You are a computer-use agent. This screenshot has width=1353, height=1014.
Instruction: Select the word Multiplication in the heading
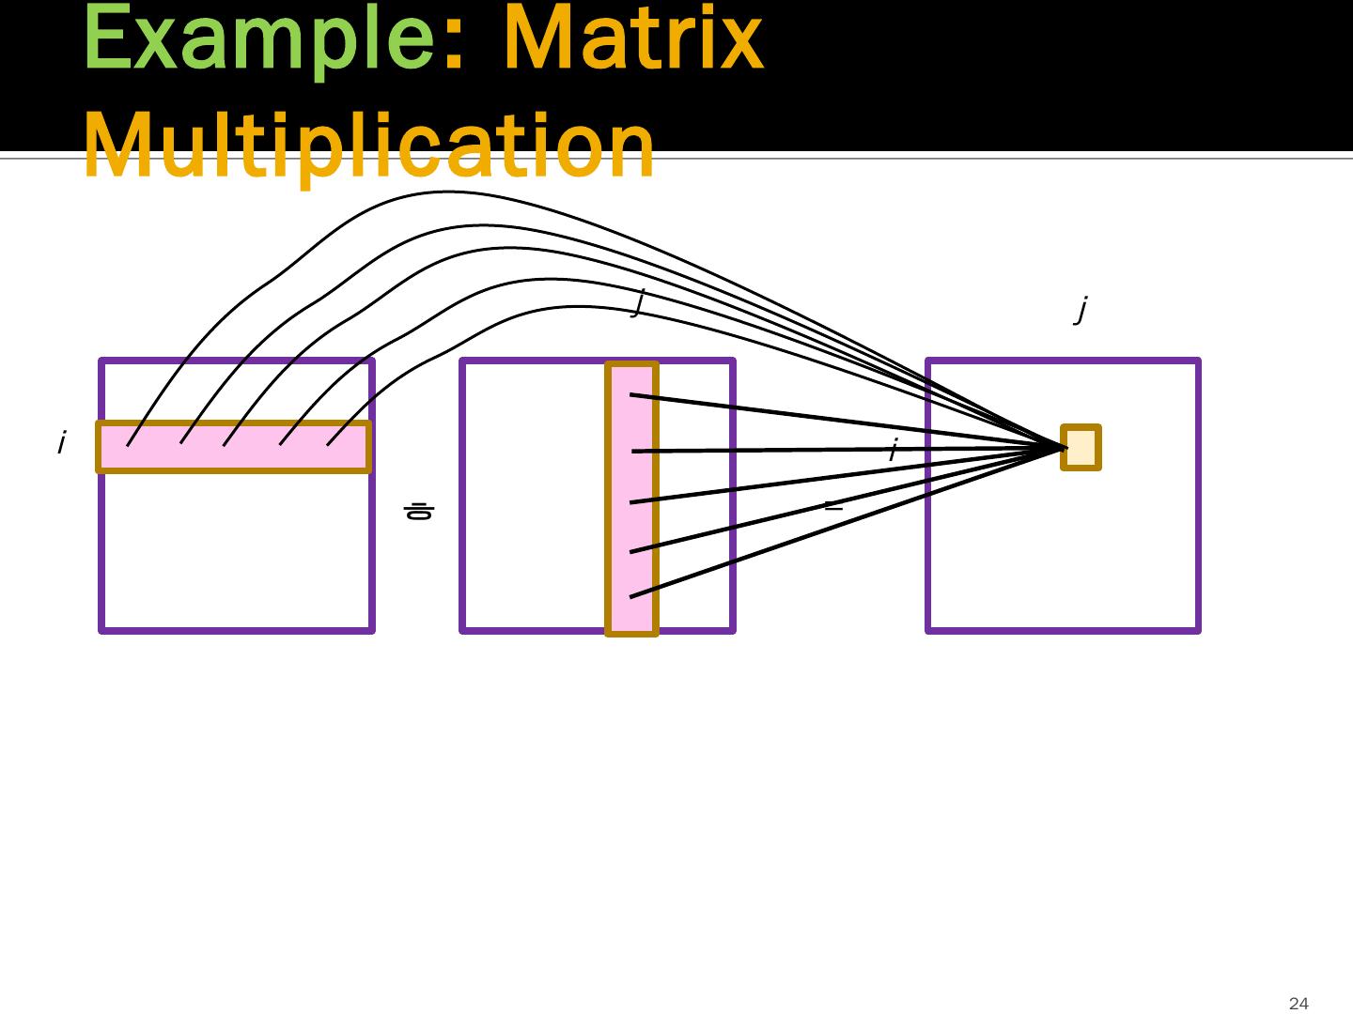[x=369, y=146]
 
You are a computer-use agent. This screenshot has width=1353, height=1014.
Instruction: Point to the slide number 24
[x=1299, y=1004]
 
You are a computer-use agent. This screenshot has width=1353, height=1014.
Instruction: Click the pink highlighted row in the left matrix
[x=234, y=447]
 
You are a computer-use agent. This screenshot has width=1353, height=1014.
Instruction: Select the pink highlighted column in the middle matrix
[x=632, y=499]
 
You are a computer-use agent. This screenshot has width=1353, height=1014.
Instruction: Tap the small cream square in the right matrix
[x=1081, y=447]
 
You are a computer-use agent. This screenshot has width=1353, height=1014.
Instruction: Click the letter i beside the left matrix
[x=61, y=442]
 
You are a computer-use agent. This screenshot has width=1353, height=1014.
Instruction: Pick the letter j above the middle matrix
[x=639, y=302]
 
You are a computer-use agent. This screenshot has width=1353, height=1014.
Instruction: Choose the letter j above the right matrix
[x=1081, y=308]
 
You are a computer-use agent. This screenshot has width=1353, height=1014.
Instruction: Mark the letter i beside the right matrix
[x=893, y=450]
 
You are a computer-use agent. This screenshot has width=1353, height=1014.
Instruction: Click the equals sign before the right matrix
[x=832, y=506]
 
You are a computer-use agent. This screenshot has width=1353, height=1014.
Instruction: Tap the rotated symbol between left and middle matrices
[x=418, y=512]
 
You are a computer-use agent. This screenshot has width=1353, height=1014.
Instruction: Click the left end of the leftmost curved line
[x=128, y=445]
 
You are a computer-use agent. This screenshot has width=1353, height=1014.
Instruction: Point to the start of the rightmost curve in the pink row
[x=327, y=444]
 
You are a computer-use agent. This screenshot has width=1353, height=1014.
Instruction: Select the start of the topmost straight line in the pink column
[x=630, y=395]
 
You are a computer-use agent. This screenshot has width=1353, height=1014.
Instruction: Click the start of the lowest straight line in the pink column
[x=630, y=596]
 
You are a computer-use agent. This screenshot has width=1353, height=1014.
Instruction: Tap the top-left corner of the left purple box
[x=101, y=361]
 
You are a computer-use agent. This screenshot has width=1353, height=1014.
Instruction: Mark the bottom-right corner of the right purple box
[x=1199, y=630]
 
